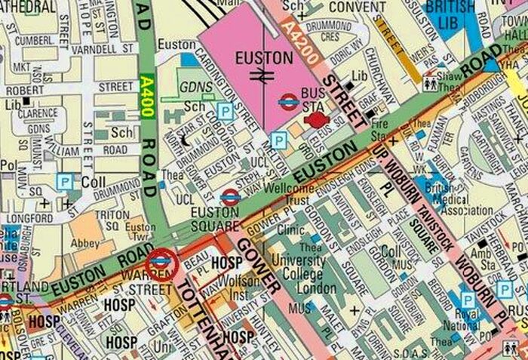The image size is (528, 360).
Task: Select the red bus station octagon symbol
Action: pos(318,120)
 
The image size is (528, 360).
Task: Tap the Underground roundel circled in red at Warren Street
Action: pos(160,263)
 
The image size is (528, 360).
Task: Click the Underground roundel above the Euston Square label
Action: pos(231,197)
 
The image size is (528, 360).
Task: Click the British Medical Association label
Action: pos(444,198)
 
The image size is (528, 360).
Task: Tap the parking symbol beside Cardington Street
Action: pos(224,111)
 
